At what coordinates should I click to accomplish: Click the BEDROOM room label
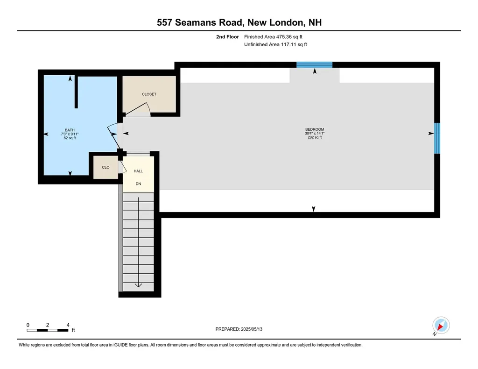(314, 129)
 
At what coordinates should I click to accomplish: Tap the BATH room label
(70, 130)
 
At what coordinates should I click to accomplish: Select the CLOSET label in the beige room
(149, 94)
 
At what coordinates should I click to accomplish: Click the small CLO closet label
(105, 167)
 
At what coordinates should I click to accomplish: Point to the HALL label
(138, 171)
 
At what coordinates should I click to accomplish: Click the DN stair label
(138, 184)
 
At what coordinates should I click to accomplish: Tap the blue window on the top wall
(315, 65)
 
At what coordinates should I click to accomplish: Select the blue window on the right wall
(437, 138)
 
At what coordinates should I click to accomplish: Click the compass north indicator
(441, 326)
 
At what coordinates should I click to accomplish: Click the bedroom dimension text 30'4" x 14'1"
(314, 134)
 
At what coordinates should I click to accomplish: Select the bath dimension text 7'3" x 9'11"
(70, 134)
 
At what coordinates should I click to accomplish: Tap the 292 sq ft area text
(314, 138)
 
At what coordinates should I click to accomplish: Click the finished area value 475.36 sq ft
(289, 36)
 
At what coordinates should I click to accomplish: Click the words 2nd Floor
(228, 36)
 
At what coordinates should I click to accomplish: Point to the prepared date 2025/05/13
(255, 329)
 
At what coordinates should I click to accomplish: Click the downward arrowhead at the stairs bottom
(138, 285)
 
